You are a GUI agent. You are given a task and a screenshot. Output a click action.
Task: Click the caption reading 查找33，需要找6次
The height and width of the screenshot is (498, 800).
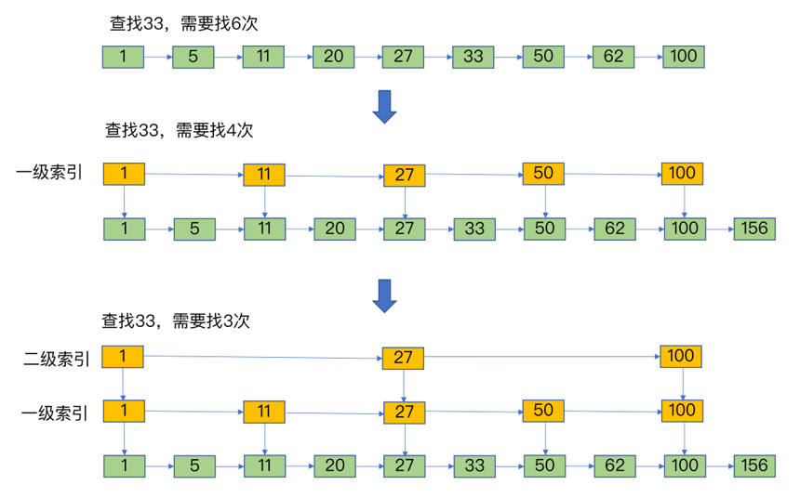[x=183, y=23]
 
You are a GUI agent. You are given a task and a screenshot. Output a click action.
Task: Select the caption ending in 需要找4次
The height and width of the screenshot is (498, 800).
[x=180, y=130]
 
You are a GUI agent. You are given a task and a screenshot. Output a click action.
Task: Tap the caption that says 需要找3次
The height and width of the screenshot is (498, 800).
[x=211, y=321]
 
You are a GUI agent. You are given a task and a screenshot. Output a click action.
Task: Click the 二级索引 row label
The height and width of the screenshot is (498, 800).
[x=56, y=359]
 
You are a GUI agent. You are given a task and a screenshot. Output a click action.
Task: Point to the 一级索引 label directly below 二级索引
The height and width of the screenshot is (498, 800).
[x=55, y=413]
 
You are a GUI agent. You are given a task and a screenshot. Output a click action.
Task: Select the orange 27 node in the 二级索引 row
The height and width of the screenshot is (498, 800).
[x=403, y=358]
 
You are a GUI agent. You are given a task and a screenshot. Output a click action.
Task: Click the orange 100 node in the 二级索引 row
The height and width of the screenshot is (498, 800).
[x=681, y=356]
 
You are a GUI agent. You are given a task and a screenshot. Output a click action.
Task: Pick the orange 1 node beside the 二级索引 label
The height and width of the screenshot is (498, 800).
[x=123, y=356]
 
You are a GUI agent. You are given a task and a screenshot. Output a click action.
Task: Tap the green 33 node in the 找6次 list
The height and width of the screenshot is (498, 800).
[x=473, y=57]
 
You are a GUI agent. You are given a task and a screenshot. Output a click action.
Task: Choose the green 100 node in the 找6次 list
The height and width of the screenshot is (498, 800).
[x=684, y=57]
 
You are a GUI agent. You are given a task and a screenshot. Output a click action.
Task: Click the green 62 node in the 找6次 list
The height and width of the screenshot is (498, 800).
[x=613, y=57]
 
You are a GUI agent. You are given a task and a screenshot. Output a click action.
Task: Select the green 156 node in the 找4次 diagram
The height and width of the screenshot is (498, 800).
[x=754, y=229]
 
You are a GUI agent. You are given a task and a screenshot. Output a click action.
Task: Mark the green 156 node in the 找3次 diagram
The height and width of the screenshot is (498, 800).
[x=754, y=465]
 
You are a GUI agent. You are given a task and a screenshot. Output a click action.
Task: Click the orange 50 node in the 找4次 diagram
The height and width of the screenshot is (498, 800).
[x=543, y=174]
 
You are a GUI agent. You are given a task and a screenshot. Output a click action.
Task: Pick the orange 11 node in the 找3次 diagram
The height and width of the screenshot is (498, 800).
[x=264, y=412]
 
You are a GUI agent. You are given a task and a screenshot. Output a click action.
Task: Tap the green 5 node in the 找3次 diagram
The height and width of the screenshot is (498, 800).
[x=194, y=466]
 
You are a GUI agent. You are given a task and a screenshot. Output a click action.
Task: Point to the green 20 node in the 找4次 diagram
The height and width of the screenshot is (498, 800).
[x=335, y=229]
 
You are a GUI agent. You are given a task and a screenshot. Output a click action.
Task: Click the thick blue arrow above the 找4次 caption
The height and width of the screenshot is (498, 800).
[x=385, y=107]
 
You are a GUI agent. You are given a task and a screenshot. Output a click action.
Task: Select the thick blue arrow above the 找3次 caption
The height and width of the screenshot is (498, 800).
[x=385, y=296]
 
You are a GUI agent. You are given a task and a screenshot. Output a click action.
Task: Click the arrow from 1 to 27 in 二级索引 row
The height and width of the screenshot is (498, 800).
[x=262, y=358]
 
